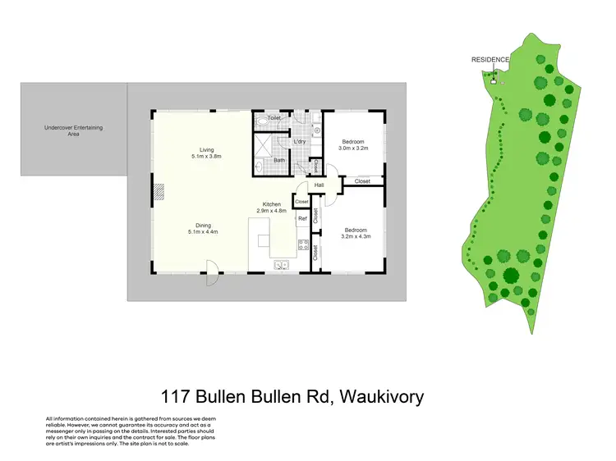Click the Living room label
tap(206, 150)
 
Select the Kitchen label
tap(272, 204)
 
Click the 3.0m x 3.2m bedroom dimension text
tap(353, 149)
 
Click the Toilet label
tap(275, 119)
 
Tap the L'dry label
tap(300, 142)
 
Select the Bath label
tap(279, 160)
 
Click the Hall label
tap(319, 185)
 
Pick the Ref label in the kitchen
tap(302, 219)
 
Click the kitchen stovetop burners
tap(303, 244)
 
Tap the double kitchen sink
tap(281, 264)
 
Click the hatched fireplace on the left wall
tap(159, 192)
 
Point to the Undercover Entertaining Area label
tap(73, 130)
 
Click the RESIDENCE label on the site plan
tap(490, 60)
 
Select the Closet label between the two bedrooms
tap(362, 181)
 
